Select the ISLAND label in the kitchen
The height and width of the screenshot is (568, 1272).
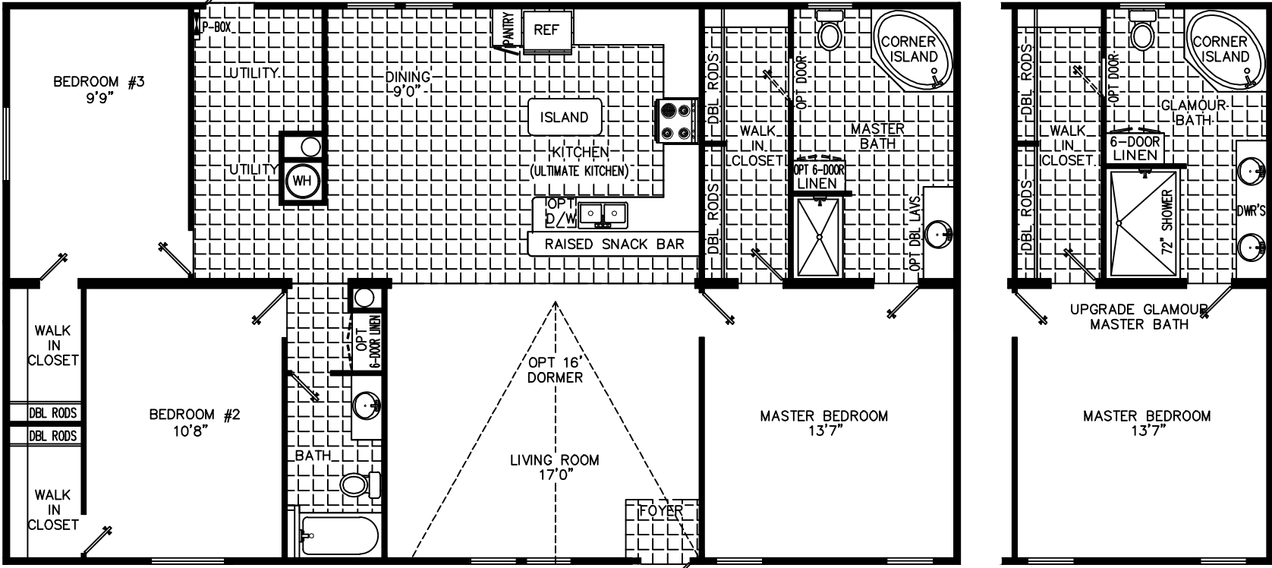coord(564,117)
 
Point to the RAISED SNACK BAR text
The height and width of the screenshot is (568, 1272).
coord(614,244)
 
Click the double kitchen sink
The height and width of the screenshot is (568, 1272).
coord(603,215)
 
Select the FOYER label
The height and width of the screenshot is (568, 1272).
coord(660,510)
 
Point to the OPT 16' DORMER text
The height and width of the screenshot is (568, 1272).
coord(556,370)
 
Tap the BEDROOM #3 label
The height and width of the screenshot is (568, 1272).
coord(99,82)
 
